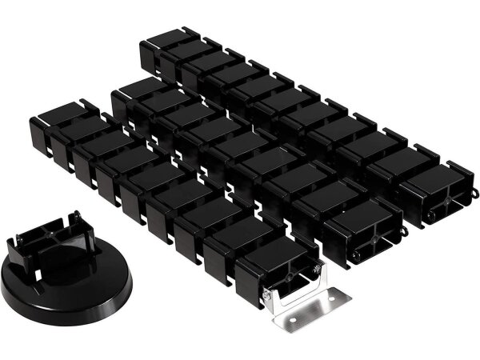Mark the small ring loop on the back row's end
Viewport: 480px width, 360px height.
(477, 192)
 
